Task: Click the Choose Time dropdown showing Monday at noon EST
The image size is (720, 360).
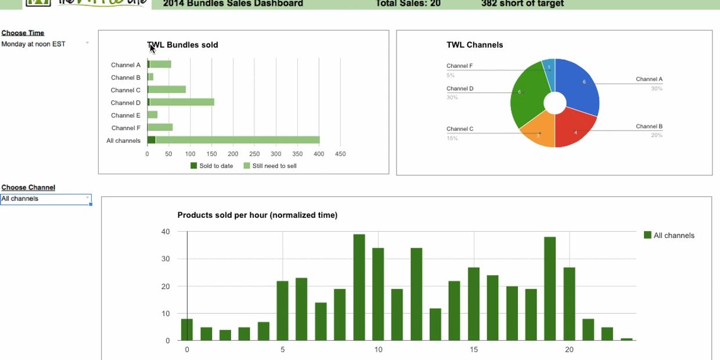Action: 45,44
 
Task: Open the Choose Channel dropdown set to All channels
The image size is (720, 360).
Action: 45,199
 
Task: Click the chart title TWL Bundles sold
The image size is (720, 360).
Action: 182,45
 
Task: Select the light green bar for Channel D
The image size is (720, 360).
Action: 182,102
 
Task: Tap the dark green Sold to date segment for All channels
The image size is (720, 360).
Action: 152,140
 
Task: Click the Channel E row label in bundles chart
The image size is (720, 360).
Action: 125,115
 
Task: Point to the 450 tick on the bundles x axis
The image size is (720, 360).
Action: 340,154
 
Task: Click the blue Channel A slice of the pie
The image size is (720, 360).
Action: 579,87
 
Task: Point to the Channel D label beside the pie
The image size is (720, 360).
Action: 460,89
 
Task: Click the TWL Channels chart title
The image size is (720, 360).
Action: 474,45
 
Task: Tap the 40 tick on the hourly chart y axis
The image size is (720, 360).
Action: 165,232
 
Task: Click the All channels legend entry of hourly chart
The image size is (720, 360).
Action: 669,235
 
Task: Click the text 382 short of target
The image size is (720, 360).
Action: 522,3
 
